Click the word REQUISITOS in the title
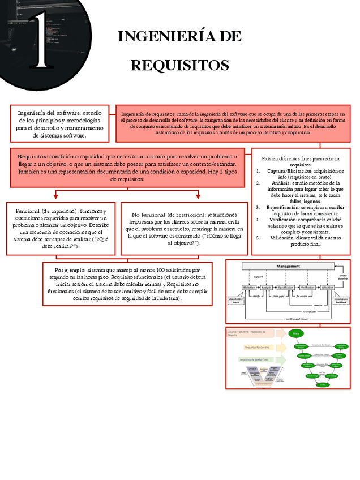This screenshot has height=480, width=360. [x=179, y=66]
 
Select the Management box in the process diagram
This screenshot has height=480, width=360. [x=288, y=266]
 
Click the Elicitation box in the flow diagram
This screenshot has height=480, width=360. [x=249, y=288]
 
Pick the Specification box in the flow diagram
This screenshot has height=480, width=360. [x=286, y=288]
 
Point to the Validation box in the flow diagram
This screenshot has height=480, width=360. [x=327, y=288]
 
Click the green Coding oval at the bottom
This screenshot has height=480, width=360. [x=323, y=385]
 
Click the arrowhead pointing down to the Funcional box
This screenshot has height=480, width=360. [x=55, y=196]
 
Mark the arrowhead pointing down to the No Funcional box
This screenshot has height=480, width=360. [x=198, y=196]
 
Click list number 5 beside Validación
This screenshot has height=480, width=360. [x=258, y=238]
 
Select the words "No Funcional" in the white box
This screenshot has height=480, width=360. [x=148, y=215]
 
